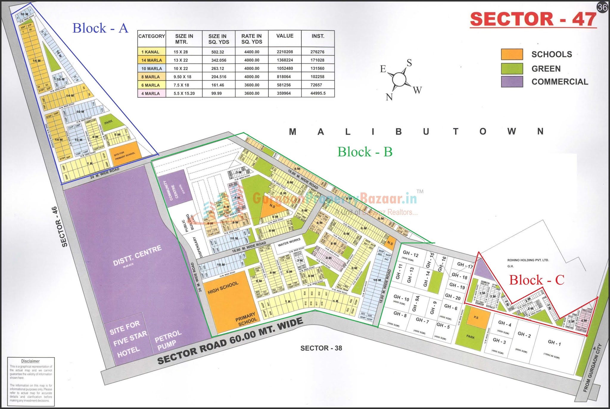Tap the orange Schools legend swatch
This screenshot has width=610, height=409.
coord(512,54)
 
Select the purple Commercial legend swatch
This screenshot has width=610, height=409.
coord(512,82)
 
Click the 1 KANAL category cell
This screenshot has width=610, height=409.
coord(151,52)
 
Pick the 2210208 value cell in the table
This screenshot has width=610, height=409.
coord(285,52)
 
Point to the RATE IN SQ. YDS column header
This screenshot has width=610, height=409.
coord(252,39)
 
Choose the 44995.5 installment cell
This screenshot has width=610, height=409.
coord(318,93)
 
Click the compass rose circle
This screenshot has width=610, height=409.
coord(399,79)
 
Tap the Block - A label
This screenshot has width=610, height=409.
coord(100,28)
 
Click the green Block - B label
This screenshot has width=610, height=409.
coord(365,152)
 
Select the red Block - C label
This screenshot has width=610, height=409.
coord(536,280)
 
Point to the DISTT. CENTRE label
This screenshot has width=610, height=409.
coord(137,255)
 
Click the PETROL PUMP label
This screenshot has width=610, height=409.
coord(168,340)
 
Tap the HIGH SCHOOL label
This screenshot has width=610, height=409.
coord(223,288)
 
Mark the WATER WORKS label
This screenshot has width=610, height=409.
coord(289,242)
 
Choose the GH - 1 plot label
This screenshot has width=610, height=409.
coord(554,343)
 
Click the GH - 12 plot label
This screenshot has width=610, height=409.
coord(410,254)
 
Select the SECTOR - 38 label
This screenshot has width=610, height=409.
coord(321,348)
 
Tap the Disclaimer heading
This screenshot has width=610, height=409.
coord(30,361)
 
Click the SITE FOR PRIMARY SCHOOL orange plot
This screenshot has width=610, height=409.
coord(125,154)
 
